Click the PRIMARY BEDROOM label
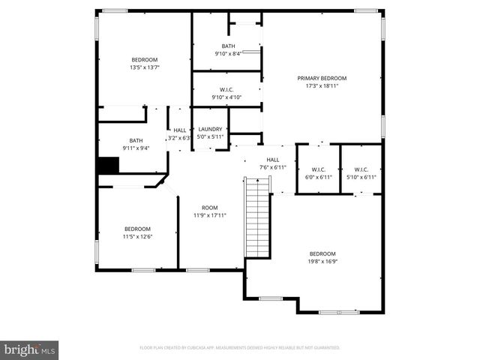coord(322,78)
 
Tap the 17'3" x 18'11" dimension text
coord(322,85)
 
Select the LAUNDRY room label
coord(210,129)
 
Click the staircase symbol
coord(257,217)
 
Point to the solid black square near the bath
coord(109,165)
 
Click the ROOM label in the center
coord(210,208)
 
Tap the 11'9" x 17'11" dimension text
coord(210,215)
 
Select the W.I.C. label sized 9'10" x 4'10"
coord(227,89)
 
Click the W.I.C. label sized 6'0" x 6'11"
coord(318,169)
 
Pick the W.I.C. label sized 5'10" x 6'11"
coord(361,169)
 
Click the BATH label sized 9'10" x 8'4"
coord(227,46)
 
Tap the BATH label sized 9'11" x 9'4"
coord(136,140)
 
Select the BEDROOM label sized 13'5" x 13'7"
coord(145,60)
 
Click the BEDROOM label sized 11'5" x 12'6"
coord(137,229)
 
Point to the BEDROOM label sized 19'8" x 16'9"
coord(322,253)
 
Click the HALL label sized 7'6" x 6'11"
coord(273,159)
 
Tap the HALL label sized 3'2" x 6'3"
coord(180,129)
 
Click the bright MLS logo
coord(30,349)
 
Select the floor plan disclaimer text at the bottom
coord(240,348)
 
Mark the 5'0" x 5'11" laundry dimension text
coord(210,136)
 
